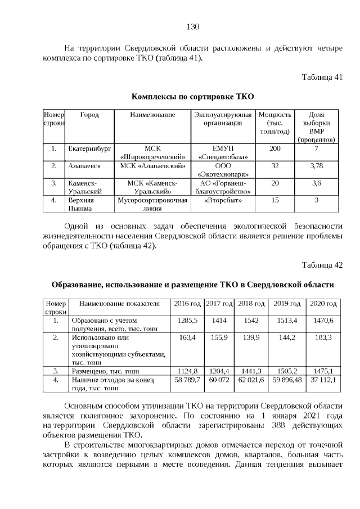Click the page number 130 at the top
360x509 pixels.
193,26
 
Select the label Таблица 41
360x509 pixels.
322,77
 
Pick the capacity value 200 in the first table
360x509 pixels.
274,148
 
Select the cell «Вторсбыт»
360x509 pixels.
223,200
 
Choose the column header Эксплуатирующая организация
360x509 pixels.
223,119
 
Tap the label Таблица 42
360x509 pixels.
322,265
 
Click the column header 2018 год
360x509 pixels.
251,304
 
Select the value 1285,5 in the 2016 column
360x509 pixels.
187,320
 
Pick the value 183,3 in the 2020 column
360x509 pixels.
323,337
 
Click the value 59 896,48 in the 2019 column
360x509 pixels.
287,380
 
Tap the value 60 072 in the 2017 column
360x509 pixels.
219,380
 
